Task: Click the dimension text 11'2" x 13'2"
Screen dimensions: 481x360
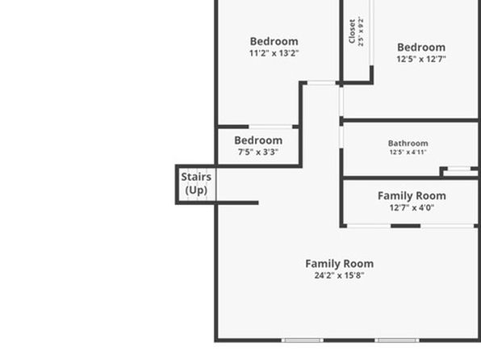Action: [274, 53]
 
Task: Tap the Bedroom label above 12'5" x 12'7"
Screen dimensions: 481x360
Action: [421, 48]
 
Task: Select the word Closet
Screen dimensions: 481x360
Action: [352, 31]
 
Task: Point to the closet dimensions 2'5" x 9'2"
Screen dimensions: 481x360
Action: [361, 32]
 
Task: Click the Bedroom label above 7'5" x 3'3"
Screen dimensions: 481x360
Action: [258, 140]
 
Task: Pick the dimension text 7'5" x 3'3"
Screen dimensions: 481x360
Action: [258, 152]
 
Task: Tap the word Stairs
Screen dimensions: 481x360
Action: [196, 177]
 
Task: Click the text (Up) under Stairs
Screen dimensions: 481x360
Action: [196, 190]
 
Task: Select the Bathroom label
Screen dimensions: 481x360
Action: [408, 144]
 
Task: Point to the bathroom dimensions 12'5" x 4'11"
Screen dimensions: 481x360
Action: [408, 153]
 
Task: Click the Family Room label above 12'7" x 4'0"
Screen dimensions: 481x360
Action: [412, 196]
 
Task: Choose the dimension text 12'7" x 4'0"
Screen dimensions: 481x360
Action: [412, 207]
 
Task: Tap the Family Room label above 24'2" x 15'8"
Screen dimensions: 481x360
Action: [339, 264]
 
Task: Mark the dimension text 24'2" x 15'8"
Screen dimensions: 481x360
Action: [339, 275]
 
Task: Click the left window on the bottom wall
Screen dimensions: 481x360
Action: [303, 340]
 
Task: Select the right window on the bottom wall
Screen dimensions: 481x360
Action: [397, 340]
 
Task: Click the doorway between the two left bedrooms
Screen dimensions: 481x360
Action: [270, 127]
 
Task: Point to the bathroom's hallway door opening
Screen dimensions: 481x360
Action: [341, 137]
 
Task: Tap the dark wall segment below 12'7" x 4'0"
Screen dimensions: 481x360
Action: [405, 226]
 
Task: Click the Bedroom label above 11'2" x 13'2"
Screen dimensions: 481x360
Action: [274, 41]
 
